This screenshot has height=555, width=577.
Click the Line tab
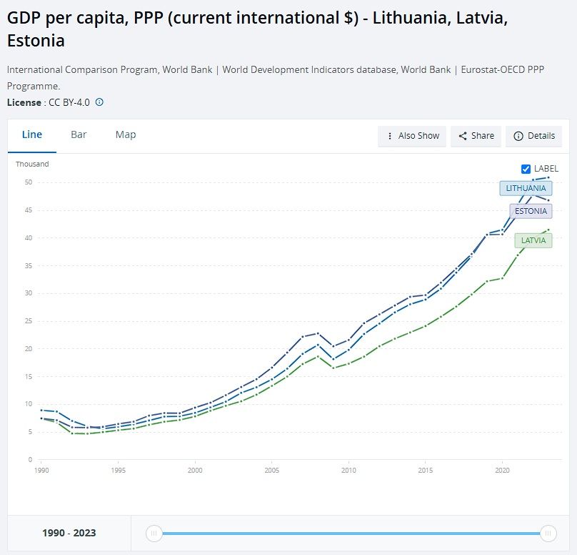point(32,134)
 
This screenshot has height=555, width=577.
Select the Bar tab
point(79,134)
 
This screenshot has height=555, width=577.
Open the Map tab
point(126,134)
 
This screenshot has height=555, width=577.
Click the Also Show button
point(412,136)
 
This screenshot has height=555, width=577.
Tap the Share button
point(476,136)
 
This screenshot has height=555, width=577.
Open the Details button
point(533,136)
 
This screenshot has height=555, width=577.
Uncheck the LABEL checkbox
point(526,169)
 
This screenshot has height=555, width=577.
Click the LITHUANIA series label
point(526,188)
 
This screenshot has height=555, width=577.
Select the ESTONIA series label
point(531,211)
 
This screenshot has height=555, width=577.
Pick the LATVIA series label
point(533,240)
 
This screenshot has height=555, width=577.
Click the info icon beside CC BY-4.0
point(99,102)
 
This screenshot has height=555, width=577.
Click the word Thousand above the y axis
point(32,164)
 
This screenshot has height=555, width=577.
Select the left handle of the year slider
point(153,533)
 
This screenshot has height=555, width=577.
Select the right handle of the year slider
point(548,533)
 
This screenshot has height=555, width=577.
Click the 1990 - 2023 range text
point(69,533)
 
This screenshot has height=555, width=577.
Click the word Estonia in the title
point(36,41)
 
